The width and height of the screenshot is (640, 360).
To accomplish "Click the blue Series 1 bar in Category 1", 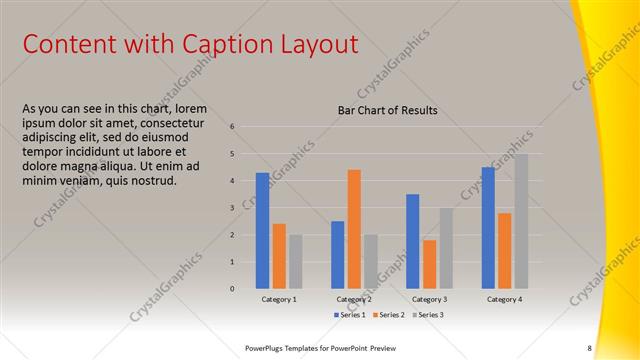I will [263, 231].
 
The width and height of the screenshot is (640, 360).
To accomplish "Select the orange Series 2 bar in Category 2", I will [354, 229].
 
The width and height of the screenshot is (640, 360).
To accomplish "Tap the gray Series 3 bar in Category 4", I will [521, 221].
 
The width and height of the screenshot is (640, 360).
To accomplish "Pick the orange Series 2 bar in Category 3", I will [429, 264].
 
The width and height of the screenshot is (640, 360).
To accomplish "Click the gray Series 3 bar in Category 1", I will [296, 262].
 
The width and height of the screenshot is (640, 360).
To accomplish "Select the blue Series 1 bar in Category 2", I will [338, 255].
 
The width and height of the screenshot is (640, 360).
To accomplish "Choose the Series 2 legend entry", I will [389, 315].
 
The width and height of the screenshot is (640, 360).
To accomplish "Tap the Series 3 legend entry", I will [427, 315].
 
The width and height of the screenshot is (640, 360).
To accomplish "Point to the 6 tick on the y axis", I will [232, 127].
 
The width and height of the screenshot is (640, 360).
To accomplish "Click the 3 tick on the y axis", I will [232, 208].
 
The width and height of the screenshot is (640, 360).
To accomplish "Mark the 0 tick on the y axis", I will [232, 289].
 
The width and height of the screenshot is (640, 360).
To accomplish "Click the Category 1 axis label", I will [279, 299].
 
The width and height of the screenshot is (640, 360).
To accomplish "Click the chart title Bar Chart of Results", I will [387, 110].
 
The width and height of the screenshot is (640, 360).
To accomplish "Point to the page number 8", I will [589, 348].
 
